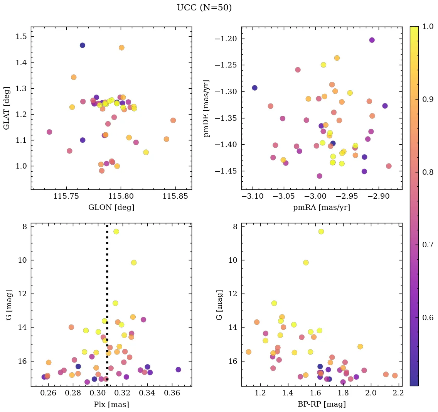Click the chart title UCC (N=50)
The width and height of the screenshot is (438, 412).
(x=204, y=8)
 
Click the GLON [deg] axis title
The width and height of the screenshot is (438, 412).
(x=111, y=208)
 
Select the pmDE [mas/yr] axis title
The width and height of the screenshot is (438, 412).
(x=207, y=108)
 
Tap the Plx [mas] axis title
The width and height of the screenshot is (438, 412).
(x=111, y=405)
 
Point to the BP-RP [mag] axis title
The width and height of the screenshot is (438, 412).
(x=322, y=405)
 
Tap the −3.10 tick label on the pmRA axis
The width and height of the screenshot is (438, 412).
(x=253, y=196)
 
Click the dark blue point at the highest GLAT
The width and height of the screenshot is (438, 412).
(x=83, y=46)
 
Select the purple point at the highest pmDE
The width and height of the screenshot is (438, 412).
(x=372, y=40)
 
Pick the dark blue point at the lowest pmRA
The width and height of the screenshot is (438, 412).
(x=254, y=88)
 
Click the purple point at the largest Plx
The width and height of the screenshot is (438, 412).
(x=178, y=370)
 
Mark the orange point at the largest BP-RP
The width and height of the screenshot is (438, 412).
(x=394, y=375)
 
